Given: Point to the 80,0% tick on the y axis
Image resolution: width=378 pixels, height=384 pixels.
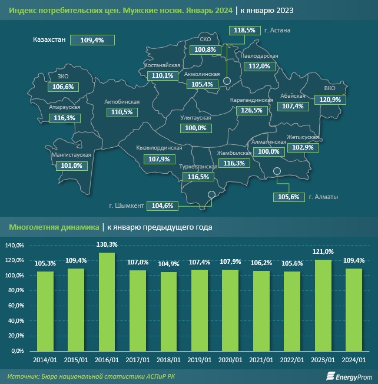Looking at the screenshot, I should point(16,290).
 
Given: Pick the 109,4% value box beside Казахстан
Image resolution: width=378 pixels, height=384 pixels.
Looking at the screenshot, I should point(92,40).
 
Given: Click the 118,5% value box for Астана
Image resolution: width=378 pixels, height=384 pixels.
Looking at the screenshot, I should point(244,29).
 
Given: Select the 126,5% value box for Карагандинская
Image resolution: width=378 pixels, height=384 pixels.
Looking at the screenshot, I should point(252,110).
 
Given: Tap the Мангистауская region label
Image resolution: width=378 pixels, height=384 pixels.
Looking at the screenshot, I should point(71,155).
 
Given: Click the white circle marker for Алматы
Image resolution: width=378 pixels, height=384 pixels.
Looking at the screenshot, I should point(278,172).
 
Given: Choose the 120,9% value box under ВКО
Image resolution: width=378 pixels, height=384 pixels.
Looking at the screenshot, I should point(329,100).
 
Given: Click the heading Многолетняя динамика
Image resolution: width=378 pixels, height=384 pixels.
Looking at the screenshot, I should point(52,227).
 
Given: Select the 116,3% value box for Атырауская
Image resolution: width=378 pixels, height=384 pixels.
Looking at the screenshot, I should point(64,118).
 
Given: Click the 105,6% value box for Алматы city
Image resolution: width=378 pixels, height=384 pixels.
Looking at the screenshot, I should point(287,197).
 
